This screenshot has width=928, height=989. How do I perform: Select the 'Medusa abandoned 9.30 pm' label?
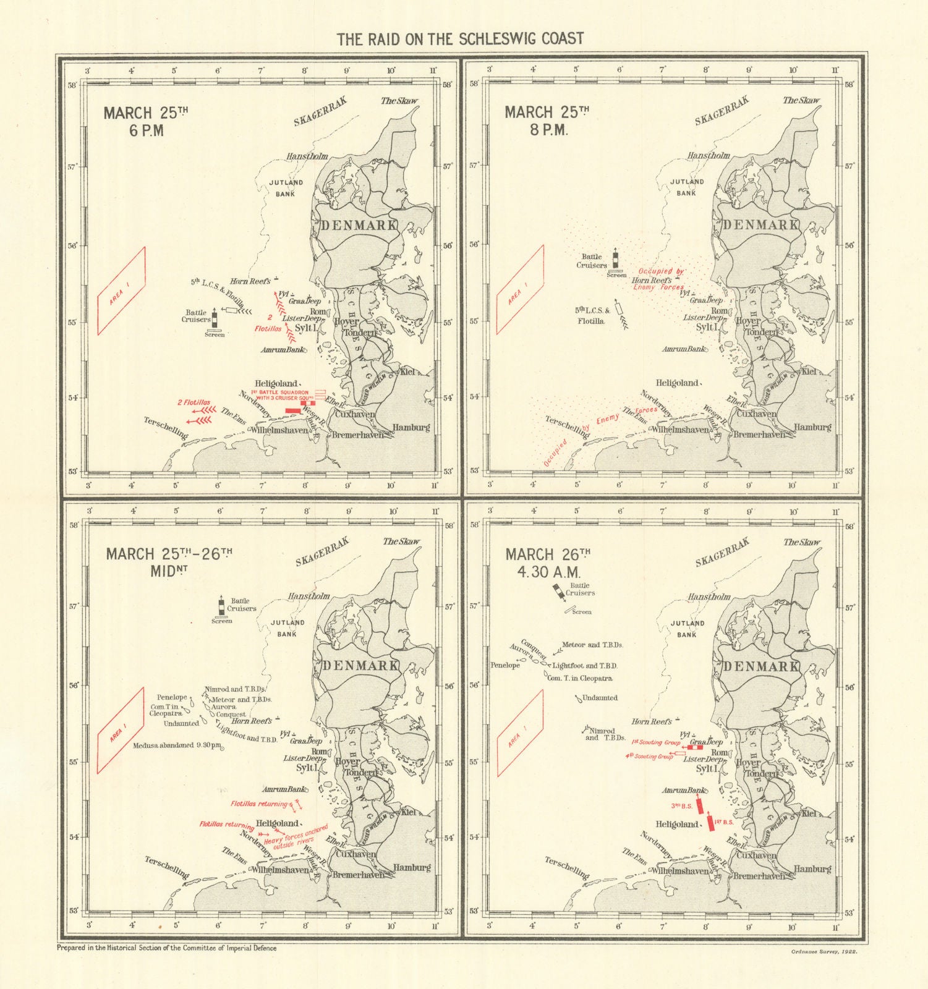177,745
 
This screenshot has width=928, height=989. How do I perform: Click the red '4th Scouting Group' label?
649,756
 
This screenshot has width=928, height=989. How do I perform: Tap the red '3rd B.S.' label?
682,806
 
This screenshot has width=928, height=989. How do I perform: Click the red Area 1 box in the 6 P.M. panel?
121,291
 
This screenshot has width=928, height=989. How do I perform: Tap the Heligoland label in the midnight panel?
277,823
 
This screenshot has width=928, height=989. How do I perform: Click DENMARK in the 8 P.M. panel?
761,224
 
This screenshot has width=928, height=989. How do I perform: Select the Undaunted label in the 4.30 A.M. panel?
600,698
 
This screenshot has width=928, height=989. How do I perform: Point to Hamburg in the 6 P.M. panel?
411,427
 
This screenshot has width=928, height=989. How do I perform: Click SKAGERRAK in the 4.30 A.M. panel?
722,552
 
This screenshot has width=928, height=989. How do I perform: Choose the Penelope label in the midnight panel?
172,697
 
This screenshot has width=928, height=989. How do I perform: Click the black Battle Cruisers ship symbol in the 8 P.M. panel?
615,260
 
